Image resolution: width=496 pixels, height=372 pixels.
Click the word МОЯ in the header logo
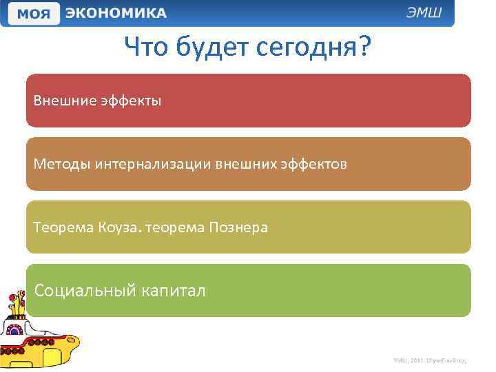pyautogui.click(x=32, y=14)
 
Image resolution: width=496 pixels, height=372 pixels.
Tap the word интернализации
pyautogui.click(x=154, y=165)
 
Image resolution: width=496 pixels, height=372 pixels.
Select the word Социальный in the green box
pyautogui.click(x=80, y=291)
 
